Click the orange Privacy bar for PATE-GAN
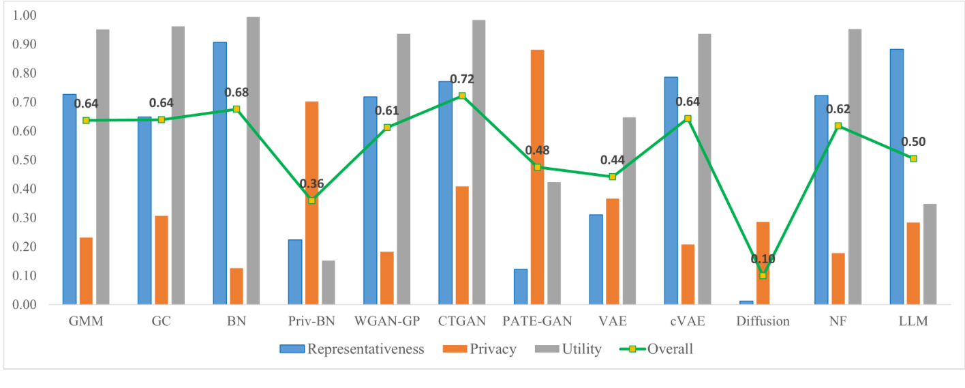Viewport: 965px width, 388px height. coord(537,177)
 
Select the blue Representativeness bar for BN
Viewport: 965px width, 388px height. coord(219,173)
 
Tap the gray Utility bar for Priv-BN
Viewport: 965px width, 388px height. coord(328,282)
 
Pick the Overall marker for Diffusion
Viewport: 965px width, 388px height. coord(763,275)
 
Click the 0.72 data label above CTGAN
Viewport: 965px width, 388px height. coord(461,79)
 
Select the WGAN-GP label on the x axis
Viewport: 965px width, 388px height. coord(386,321)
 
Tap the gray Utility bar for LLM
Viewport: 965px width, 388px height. coord(930,254)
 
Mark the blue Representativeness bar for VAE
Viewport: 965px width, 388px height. coord(596,259)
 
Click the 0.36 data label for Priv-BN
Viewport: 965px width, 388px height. coord(312,184)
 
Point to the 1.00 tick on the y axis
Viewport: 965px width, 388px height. coord(25,16)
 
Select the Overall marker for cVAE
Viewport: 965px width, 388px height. coord(688,119)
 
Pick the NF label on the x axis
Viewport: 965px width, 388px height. coord(838,321)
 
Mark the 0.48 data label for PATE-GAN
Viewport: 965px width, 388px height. coord(537,151)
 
